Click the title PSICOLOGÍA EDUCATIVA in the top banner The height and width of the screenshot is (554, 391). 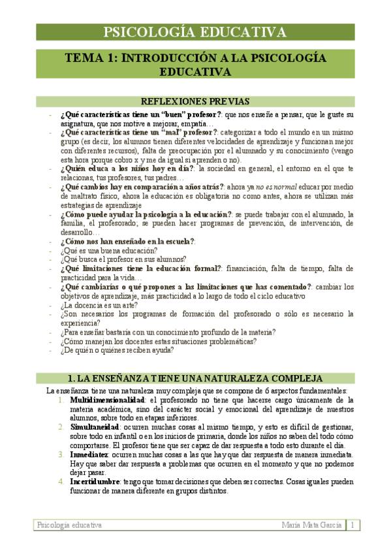[195, 33]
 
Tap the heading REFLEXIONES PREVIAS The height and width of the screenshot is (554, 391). [195, 101]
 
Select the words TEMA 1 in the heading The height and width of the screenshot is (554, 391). [90, 58]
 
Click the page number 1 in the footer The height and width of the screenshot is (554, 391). [352, 525]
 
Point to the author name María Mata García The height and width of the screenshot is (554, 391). [311, 525]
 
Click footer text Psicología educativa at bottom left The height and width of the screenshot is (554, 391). [69, 525]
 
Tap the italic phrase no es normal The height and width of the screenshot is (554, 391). [275, 186]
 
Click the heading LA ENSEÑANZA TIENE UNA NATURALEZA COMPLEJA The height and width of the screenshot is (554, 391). [195, 378]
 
